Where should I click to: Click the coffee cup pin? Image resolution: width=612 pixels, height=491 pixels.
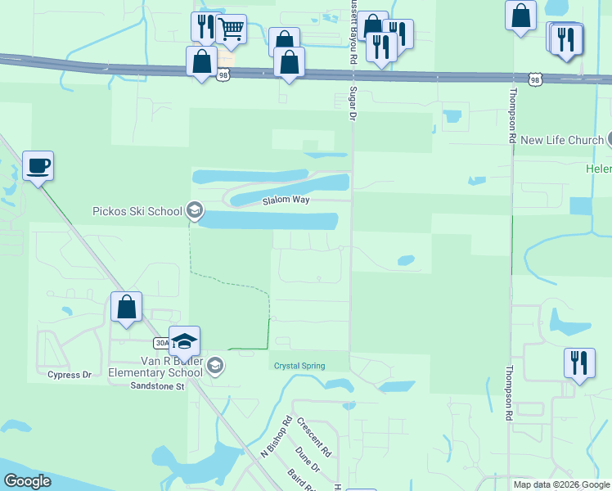point(38,166)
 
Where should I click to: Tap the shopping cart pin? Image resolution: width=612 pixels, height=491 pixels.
point(232,29)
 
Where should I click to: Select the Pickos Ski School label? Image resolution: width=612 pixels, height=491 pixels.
point(137,211)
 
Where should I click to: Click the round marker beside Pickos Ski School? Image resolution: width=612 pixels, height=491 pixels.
point(195,211)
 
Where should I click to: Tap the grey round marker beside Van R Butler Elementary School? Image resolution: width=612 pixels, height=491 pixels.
point(215,365)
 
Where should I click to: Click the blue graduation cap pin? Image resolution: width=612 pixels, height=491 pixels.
point(185,341)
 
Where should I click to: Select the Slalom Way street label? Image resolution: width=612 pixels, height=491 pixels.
point(286,200)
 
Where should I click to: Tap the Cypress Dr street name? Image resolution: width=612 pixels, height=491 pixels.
point(69,375)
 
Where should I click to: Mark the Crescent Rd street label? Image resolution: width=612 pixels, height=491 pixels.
point(314,437)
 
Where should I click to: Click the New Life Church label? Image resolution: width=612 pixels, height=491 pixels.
point(561,140)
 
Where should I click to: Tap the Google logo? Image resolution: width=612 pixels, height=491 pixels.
point(27,481)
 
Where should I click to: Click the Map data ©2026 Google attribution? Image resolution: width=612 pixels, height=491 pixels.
point(561,484)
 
